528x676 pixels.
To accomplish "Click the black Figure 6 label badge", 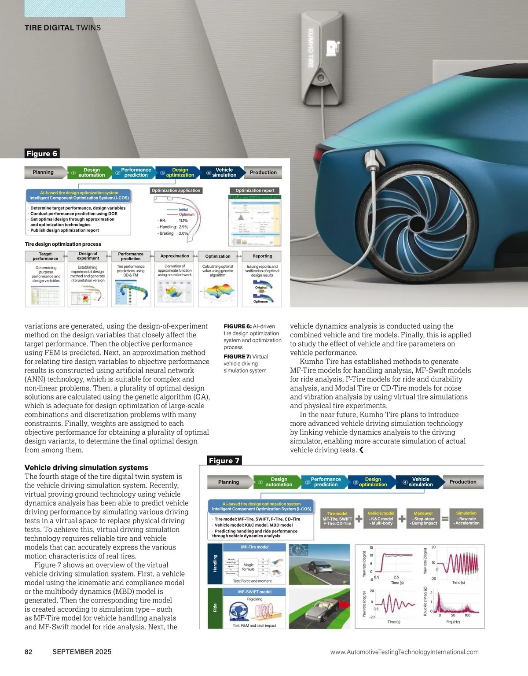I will click(x=42, y=153).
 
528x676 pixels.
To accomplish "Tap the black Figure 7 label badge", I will click(x=224, y=461).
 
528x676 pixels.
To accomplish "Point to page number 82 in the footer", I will click(x=28, y=652).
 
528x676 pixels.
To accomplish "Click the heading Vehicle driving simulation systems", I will click(x=86, y=468).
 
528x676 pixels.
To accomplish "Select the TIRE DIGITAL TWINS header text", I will click(x=62, y=28).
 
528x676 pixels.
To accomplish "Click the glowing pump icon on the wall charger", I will click(x=331, y=47).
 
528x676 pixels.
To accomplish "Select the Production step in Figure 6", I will click(x=263, y=173).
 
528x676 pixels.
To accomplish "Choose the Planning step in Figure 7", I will click(x=229, y=482).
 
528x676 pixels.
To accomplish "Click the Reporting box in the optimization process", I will click(x=262, y=256).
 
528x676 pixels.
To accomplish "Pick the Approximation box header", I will click(x=175, y=256).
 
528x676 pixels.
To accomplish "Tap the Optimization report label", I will click(x=255, y=191).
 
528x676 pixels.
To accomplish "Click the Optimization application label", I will click(x=176, y=191).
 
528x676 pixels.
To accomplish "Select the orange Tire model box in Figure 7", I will click(x=337, y=518).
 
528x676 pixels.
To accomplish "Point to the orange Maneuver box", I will click(x=423, y=518).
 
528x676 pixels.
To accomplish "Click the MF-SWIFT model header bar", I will click(x=255, y=592).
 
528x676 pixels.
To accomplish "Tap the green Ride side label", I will click(x=215, y=608).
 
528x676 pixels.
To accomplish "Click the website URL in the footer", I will click(x=404, y=652).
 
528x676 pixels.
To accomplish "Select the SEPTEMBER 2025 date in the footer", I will click(x=82, y=652).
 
